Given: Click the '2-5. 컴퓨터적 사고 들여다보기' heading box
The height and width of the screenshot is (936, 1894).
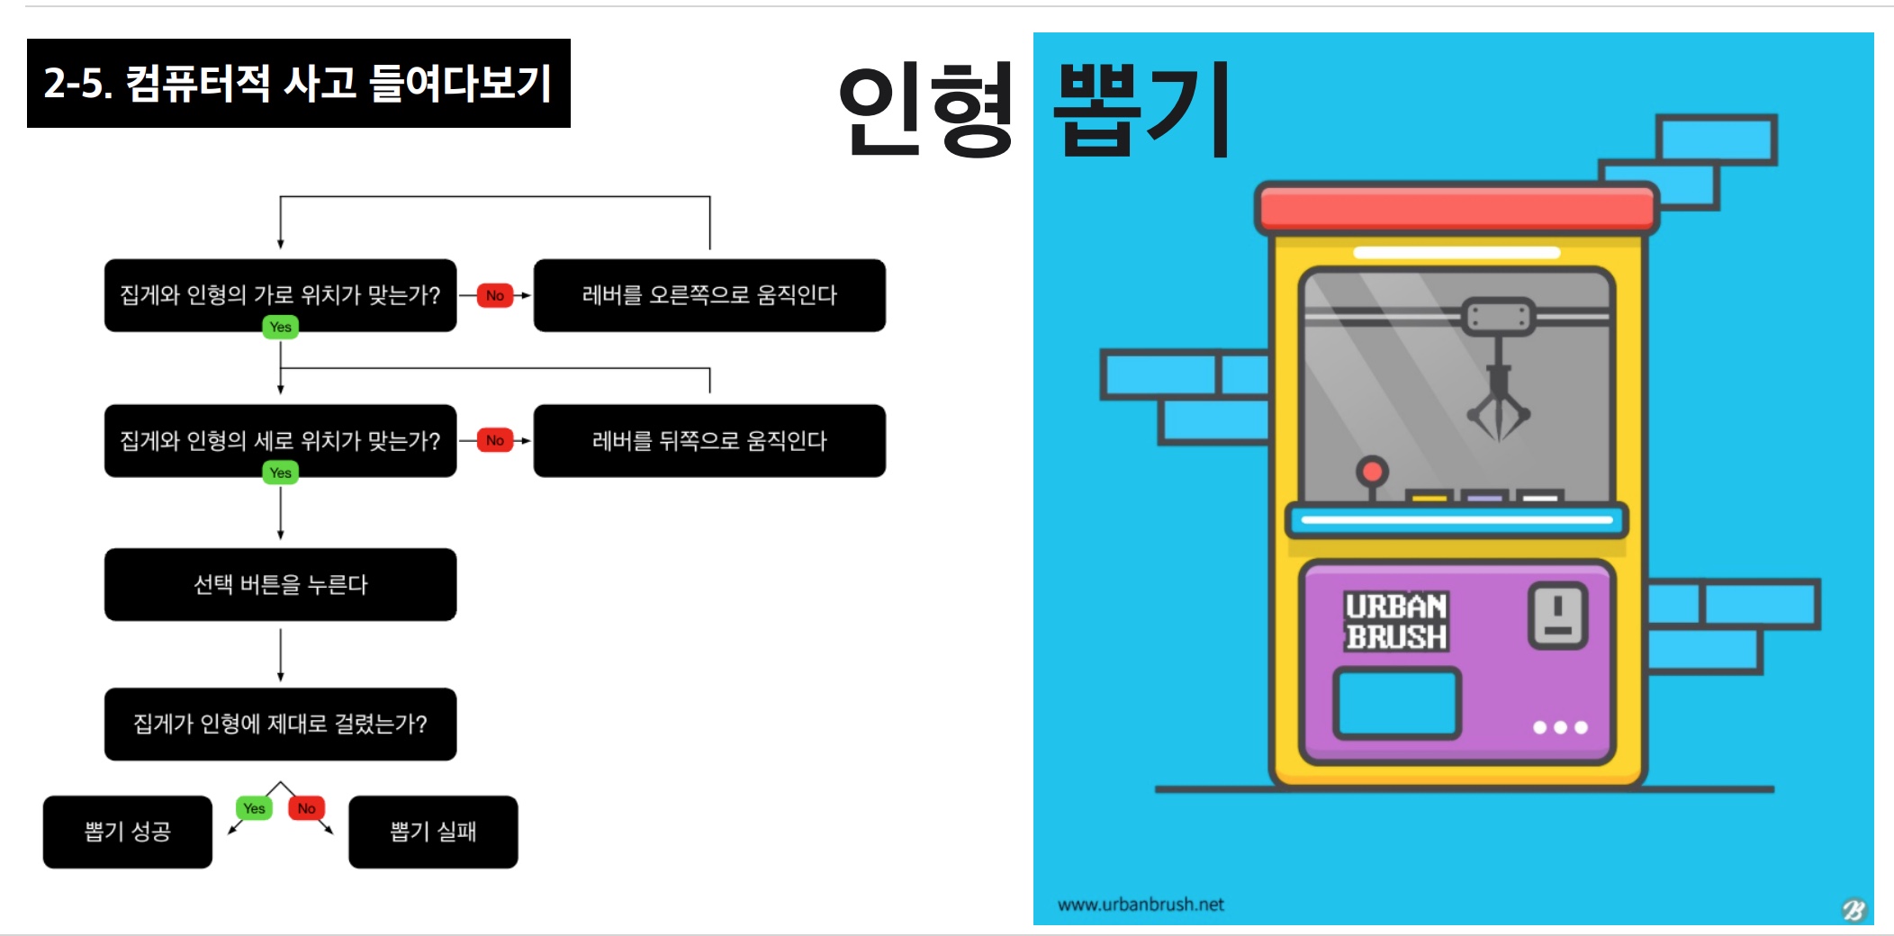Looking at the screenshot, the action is [x=299, y=83].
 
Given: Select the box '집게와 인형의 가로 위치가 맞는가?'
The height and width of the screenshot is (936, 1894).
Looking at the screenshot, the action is [x=280, y=295].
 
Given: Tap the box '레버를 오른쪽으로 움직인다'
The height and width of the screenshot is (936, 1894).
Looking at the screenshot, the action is [x=709, y=295].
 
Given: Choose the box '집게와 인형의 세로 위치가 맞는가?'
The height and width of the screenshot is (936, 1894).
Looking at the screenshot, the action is [x=280, y=440].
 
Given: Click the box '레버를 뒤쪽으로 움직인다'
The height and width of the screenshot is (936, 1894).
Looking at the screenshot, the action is [x=709, y=440].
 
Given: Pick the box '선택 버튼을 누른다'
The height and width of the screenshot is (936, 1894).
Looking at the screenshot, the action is [x=280, y=584].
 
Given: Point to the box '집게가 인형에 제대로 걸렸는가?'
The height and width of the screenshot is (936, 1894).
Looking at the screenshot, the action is [x=280, y=724].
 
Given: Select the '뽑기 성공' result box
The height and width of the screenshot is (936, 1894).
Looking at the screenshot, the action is [x=128, y=832].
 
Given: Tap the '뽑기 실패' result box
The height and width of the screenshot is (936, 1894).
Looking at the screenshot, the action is [x=433, y=832].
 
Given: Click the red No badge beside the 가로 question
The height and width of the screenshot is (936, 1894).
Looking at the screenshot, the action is [x=495, y=295].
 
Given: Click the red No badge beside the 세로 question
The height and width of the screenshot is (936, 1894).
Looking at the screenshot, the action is [x=495, y=440].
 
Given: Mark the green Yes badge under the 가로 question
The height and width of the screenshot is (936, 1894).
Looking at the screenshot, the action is [x=281, y=327].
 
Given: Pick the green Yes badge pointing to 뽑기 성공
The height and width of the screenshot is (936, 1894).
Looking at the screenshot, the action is [x=255, y=808].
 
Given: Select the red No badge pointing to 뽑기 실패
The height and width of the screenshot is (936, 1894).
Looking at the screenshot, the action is [x=307, y=808].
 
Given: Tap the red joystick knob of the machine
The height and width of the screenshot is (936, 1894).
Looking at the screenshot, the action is [x=1373, y=471].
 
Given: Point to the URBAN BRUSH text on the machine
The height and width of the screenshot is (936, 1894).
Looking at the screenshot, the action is [x=1396, y=621].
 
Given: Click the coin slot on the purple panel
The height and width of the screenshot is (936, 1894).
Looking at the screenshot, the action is [x=1557, y=616].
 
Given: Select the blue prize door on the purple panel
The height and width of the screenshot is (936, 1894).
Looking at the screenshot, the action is [x=1396, y=703].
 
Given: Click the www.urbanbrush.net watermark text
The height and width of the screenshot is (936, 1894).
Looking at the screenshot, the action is [x=1141, y=904].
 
